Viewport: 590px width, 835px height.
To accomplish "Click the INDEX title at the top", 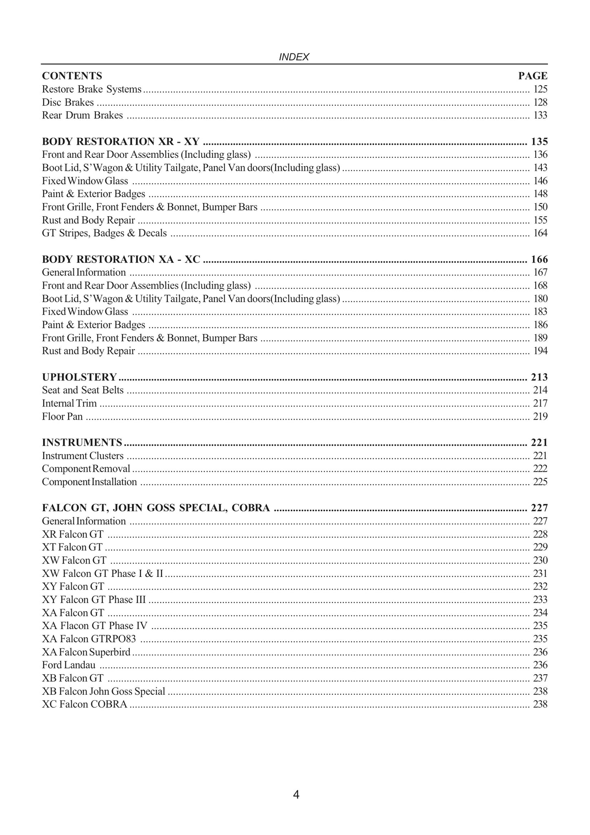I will click(294, 57).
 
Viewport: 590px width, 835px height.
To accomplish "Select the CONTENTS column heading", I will click(72, 76).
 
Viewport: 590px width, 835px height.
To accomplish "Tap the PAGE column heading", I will click(533, 76).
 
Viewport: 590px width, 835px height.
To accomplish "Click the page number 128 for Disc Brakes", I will click(540, 102).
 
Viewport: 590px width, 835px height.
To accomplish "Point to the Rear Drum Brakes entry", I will click(82, 115).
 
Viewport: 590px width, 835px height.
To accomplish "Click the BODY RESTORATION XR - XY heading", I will click(121, 141).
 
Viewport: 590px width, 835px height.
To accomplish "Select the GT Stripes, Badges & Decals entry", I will click(104, 233).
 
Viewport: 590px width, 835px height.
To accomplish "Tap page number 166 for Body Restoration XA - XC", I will click(539, 259).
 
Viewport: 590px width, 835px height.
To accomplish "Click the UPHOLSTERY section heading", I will click(80, 377).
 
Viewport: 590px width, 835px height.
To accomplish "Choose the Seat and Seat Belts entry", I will click(83, 390).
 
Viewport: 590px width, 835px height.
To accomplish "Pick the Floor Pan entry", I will click(62, 417).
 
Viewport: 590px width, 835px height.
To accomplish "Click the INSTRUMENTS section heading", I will click(82, 442).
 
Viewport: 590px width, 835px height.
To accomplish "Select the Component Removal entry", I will click(86, 469).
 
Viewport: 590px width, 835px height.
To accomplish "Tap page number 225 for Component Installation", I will click(540, 482).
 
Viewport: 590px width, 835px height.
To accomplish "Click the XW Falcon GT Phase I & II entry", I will click(102, 574).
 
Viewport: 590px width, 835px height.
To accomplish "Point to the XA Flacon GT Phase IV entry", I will click(95, 626).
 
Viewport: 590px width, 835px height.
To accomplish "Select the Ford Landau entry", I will click(69, 665).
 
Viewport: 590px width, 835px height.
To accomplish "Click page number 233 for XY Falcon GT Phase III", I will click(540, 600).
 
